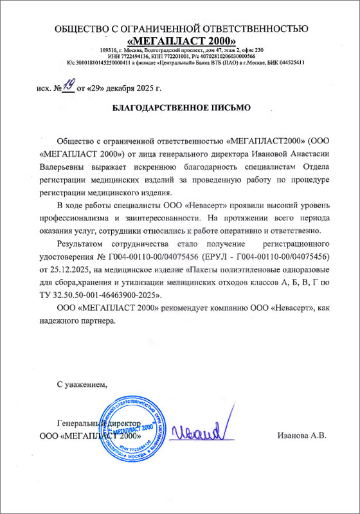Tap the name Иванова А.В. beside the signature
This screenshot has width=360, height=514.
point(302,436)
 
